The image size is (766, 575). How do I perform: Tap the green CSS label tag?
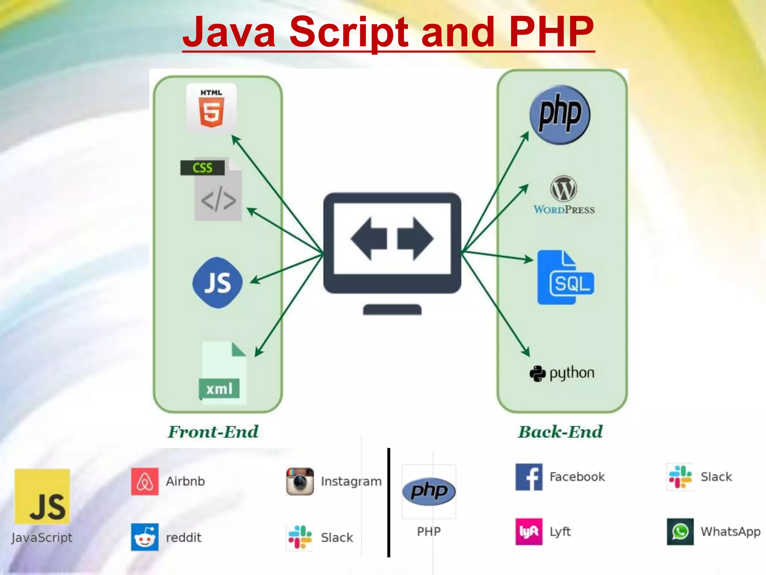point(202,167)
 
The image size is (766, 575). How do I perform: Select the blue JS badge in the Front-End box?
point(217,283)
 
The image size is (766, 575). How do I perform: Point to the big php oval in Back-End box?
point(560,114)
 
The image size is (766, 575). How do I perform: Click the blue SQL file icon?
point(565,277)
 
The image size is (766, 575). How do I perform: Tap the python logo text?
point(562,373)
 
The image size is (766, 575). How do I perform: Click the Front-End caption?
point(213,432)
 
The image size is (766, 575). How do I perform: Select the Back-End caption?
point(560,432)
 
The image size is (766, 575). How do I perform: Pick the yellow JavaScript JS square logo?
point(42,496)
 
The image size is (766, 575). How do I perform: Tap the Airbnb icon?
point(145,481)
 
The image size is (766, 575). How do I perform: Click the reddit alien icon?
point(145,537)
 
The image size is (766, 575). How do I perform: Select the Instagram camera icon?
point(300,481)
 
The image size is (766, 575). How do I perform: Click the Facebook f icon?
point(529,477)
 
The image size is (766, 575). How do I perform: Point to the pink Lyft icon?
point(529,532)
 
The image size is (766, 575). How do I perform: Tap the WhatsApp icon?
point(680,532)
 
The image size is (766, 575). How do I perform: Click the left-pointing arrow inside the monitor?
point(368,239)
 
